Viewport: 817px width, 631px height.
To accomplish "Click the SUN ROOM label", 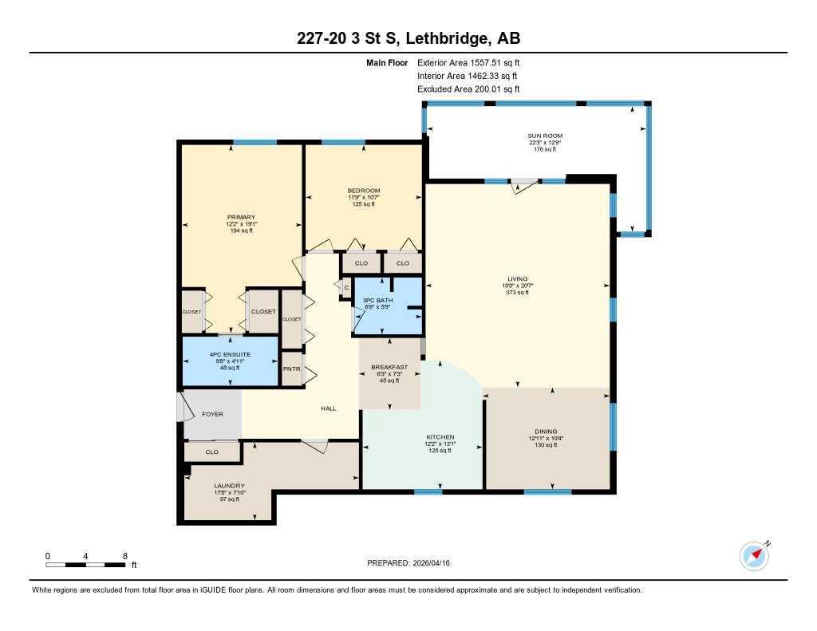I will (x=545, y=136).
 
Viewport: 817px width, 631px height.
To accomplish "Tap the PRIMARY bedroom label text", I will (x=241, y=218).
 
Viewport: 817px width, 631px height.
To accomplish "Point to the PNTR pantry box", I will (x=291, y=369).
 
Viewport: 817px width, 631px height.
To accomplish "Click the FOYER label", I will (x=212, y=414).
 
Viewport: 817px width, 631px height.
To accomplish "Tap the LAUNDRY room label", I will (x=229, y=486).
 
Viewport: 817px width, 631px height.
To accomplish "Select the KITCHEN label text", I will (x=440, y=437).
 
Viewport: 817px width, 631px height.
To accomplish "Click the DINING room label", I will (x=547, y=432).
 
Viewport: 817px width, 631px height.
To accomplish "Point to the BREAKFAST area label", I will (x=389, y=367).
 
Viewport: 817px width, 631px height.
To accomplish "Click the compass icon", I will (x=754, y=555).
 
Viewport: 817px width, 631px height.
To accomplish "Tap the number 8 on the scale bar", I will (x=124, y=555).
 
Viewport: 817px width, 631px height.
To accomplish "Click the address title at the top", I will (x=408, y=38).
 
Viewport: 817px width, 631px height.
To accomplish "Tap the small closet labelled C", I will (x=346, y=287).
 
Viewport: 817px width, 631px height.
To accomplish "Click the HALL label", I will (x=328, y=408).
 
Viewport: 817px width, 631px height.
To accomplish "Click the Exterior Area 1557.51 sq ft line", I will (x=468, y=62).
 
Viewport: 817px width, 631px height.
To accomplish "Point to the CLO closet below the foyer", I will (x=211, y=452).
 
